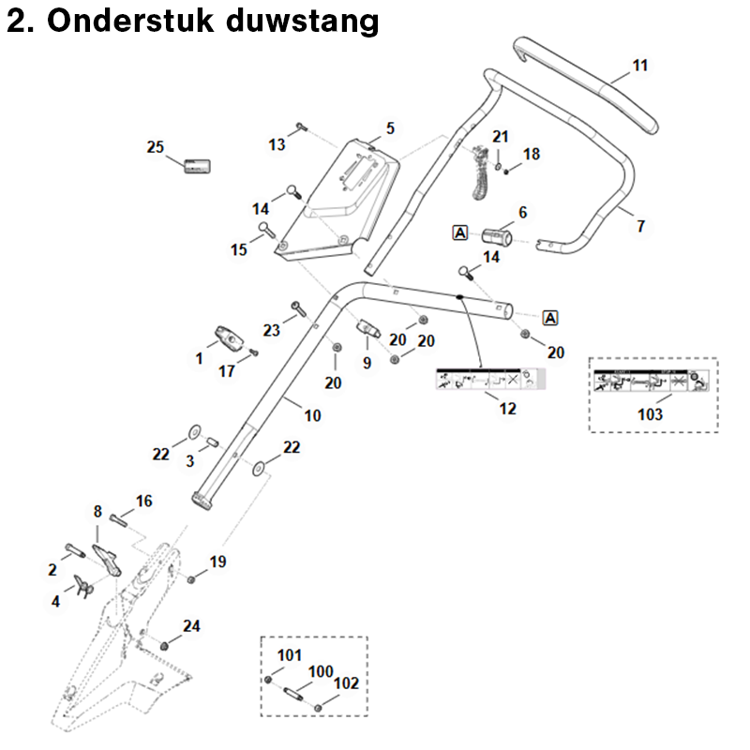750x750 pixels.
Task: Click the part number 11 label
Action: (x=639, y=66)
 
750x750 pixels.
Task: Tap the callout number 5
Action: (x=390, y=128)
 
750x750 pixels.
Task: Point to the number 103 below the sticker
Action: (x=650, y=413)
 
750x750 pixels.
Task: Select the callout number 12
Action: (x=507, y=410)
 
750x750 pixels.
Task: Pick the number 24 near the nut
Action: (x=191, y=625)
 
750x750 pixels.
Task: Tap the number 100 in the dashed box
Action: (x=321, y=672)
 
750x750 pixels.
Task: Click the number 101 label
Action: (x=291, y=654)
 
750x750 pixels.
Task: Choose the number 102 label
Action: (x=346, y=684)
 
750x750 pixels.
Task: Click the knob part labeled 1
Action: (x=229, y=337)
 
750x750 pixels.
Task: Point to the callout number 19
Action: (x=217, y=562)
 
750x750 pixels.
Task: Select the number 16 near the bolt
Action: (x=143, y=502)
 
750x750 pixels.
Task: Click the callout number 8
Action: (x=97, y=512)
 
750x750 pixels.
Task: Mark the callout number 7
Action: (x=640, y=226)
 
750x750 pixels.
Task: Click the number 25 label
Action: (x=156, y=147)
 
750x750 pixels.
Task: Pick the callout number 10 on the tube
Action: (x=312, y=413)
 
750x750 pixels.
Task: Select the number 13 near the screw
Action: (x=277, y=144)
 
